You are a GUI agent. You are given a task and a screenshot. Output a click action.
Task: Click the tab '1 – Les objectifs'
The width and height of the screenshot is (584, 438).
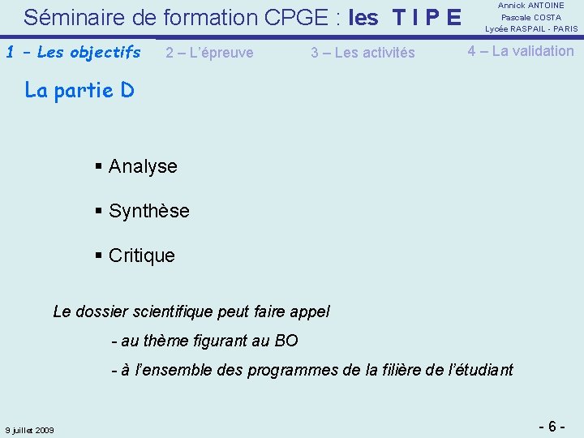(73, 53)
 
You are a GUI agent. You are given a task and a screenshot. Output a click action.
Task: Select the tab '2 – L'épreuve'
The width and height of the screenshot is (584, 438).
(209, 53)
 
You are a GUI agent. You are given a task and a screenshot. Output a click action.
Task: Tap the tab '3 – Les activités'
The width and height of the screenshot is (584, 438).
(363, 53)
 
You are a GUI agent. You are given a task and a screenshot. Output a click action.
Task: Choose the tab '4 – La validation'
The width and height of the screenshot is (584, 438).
(520, 51)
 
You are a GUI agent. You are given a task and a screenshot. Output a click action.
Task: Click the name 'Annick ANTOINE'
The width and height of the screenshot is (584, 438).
(531, 6)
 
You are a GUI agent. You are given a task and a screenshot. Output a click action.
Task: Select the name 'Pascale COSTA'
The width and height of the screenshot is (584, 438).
(531, 17)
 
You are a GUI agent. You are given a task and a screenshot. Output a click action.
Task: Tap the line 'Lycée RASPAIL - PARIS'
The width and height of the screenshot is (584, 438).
(531, 28)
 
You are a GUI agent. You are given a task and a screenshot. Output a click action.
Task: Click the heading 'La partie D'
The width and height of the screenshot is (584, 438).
(79, 90)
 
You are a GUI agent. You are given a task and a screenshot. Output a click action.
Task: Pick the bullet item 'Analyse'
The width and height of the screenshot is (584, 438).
(142, 166)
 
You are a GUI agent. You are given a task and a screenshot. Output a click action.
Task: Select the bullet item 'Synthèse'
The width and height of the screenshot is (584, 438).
(148, 211)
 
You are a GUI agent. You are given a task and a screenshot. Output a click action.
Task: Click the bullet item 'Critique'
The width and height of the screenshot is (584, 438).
(141, 255)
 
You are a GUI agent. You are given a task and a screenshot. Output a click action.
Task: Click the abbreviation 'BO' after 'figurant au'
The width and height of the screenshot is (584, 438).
(286, 341)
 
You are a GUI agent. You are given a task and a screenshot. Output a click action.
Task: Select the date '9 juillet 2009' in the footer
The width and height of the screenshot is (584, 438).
(29, 430)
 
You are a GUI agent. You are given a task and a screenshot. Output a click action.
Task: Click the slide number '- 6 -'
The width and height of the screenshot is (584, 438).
(552, 426)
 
